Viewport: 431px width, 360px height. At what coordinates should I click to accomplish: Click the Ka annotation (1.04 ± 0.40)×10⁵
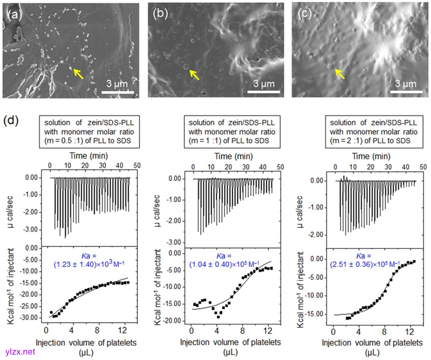225,259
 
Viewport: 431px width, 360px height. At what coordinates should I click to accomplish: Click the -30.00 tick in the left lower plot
34,317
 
